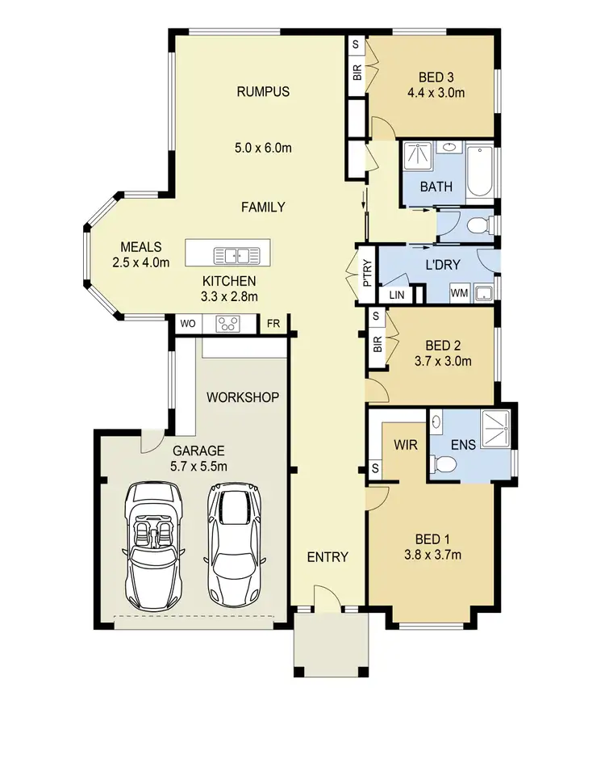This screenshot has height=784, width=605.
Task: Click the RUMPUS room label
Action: pos(262,91)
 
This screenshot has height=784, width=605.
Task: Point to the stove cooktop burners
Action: pos(227,325)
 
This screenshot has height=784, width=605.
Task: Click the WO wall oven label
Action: pos(187,325)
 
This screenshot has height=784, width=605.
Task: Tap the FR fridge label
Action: pos(273,325)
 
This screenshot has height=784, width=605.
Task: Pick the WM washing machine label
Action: pos(459,292)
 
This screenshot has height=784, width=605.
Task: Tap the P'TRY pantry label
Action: pos(366,273)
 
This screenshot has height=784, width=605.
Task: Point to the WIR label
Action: pos(405,444)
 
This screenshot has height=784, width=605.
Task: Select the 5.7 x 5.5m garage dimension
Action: pos(198,466)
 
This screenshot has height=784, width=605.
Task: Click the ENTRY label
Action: pos(328,557)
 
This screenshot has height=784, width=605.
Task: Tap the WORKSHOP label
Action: pos(243,397)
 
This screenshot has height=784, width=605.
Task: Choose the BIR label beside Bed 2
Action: pos(378,345)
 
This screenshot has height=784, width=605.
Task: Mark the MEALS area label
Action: pos(140,247)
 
